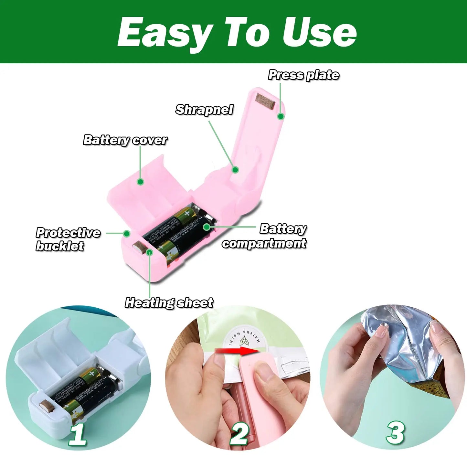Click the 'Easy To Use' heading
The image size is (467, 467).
(237, 33)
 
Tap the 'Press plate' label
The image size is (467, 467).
(303, 75)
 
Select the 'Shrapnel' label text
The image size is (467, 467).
(204, 110)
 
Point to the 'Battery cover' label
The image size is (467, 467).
(125, 140)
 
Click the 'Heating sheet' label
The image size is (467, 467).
(169, 303)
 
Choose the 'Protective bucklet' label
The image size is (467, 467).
(68, 239)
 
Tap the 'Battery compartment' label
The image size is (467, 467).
(264, 236)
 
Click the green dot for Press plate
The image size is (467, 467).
(281, 116)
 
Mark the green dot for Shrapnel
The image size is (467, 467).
(235, 169)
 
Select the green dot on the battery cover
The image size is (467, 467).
(140, 182)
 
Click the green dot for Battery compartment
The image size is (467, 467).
(207, 227)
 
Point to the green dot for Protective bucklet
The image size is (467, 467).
(127, 233)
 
